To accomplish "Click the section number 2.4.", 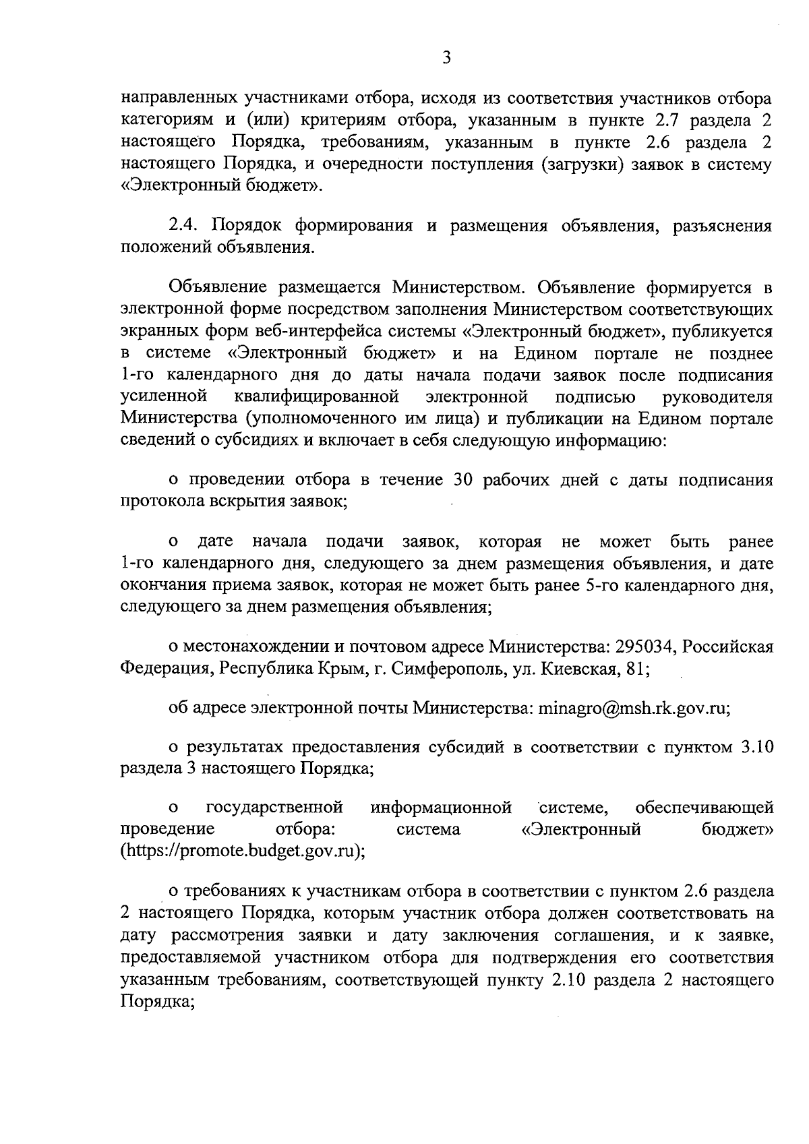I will [184, 225].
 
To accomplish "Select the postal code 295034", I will [645, 647].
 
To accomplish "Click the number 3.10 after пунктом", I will [756, 747].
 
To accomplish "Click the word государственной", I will [274, 808].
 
